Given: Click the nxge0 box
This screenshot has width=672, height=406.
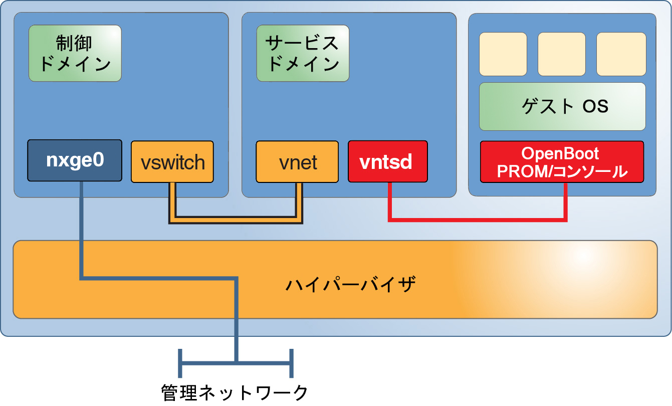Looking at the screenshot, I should point(75,160).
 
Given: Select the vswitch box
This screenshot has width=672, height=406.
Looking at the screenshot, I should point(172,162).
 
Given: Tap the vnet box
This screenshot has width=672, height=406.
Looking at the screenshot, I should point(297,162).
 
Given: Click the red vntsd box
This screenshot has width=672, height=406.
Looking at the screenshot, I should point(388,161).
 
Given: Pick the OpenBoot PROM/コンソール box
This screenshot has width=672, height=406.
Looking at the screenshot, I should point(562,162).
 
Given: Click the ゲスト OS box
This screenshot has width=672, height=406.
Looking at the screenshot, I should point(562,107).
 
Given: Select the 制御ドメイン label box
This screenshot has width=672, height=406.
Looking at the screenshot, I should point(75,53).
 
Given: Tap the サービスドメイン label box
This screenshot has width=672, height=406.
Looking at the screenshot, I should point(303,53).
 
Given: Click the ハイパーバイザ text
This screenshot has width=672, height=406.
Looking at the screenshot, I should point(350,285).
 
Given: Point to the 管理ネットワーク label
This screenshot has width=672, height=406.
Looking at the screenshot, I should point(235,392).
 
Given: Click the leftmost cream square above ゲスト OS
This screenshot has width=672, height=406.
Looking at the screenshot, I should point(503,54).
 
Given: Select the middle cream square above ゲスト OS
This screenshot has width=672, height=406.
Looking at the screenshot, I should point(562,54).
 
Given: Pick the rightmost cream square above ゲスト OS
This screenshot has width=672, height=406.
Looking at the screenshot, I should point(621,54).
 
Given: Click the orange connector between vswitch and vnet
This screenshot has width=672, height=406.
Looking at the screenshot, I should point(236,219).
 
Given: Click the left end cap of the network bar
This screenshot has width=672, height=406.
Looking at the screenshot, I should point(180,362).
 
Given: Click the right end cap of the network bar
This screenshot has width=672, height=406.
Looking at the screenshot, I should point(291,362).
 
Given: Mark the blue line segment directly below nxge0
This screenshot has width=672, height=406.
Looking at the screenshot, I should point(81,226).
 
